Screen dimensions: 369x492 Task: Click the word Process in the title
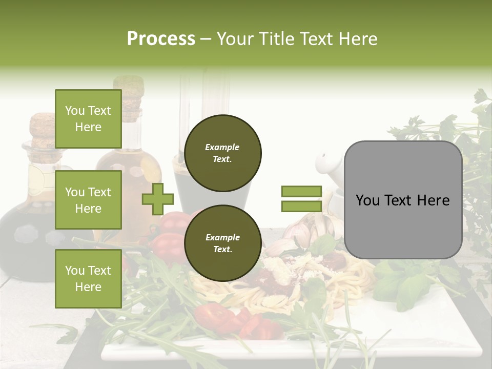click(x=161, y=39)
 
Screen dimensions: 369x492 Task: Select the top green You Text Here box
click(x=88, y=119)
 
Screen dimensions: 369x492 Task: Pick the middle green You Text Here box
click(x=88, y=200)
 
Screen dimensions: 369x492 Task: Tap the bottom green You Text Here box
click(x=88, y=279)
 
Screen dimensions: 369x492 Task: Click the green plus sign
click(x=158, y=199)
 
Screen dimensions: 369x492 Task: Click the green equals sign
click(x=301, y=199)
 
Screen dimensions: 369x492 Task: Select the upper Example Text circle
click(x=222, y=153)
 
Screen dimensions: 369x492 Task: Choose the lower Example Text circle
click(x=222, y=243)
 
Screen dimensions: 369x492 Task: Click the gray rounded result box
click(x=403, y=200)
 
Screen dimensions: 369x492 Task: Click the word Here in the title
click(x=357, y=39)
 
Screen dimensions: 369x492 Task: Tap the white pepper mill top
click(x=326, y=164)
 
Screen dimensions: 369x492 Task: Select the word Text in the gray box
click(x=403, y=200)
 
